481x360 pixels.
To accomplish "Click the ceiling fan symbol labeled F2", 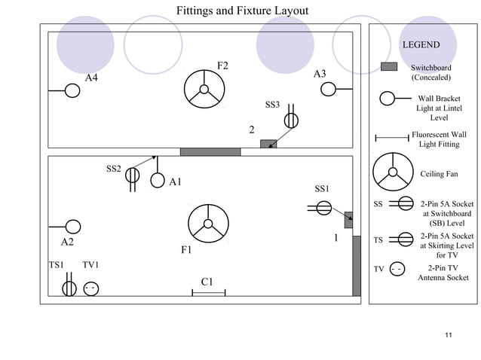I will coord(204,89).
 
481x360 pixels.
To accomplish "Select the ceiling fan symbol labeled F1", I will coord(208,224).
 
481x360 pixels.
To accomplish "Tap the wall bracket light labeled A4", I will coord(72,90).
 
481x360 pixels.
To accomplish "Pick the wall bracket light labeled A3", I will coord(328,90).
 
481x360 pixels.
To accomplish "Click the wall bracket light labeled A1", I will coord(158,181).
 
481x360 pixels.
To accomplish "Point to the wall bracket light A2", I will coord(73,226).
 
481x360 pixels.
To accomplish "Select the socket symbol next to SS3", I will coord(291,121).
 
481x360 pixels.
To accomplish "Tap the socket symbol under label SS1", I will coord(323,207).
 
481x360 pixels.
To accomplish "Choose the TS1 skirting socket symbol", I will coord(69,288).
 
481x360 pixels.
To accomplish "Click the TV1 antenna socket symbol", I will coord(90,288).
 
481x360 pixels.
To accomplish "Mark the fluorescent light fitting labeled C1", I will coord(208,293).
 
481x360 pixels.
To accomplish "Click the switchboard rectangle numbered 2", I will coord(268,144).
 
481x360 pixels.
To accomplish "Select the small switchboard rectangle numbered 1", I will coord(348,220).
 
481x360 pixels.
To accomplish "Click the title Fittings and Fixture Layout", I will coord(242,11).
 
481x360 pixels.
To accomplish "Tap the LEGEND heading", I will coord(421,45).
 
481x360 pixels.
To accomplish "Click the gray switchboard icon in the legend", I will coord(389,67).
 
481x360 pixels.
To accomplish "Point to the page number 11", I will coord(449,334).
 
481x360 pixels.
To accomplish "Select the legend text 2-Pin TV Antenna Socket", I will coord(443,273).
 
